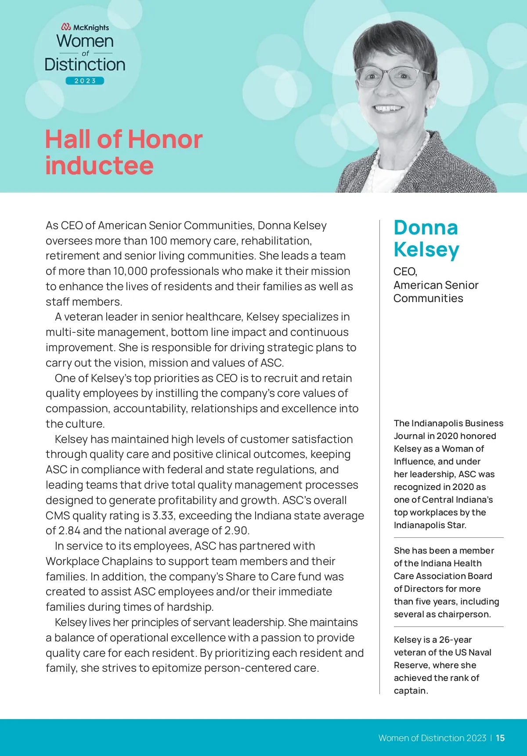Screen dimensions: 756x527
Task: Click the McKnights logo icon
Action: tap(66, 27)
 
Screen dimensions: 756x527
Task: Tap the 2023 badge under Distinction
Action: tap(85, 81)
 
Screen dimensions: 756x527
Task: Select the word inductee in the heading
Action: tap(100, 166)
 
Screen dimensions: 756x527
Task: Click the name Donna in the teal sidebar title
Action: tap(426, 228)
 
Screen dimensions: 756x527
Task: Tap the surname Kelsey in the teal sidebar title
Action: tap(426, 249)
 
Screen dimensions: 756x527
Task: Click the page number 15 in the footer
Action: tap(500, 738)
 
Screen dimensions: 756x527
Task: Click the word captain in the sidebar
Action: tap(410, 691)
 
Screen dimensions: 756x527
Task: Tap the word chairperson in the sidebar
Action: tap(466, 614)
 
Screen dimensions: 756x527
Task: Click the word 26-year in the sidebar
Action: tap(455, 640)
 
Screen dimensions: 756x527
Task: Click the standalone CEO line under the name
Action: tap(405, 272)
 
